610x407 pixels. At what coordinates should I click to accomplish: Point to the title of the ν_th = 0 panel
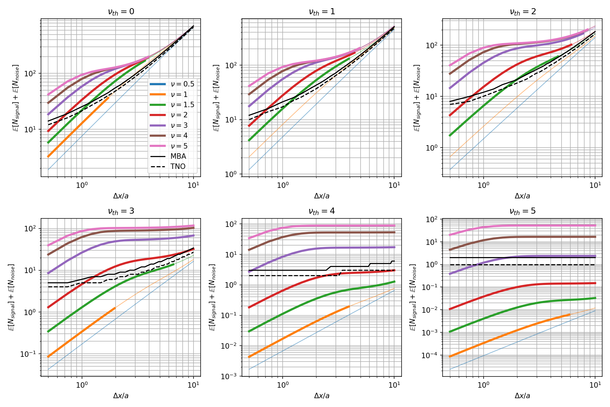coord(121,12)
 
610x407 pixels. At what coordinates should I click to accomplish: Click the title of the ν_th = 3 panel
coord(121,211)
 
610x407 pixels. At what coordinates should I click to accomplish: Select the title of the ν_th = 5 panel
coord(523,211)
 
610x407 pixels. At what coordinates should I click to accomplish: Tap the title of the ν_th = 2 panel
coord(523,12)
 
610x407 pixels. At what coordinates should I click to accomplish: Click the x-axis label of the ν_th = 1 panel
coord(322,196)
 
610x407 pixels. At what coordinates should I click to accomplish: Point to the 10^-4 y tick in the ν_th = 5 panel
coord(432,355)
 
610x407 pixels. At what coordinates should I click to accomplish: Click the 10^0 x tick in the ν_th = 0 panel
coord(82,185)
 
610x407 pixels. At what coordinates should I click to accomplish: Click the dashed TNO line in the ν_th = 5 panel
coord(522,265)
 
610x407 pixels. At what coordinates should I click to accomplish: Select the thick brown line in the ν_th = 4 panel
coord(339,233)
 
